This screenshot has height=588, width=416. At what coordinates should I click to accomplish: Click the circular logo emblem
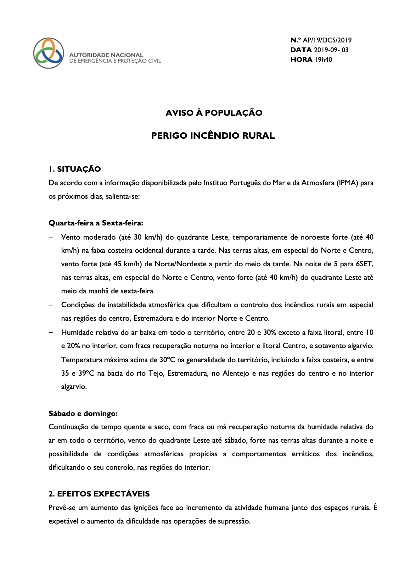[49, 53]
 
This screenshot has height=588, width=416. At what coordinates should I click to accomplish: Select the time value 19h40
[323, 60]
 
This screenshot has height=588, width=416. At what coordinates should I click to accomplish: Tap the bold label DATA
[301, 50]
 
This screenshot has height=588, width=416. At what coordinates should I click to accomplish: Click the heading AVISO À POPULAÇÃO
[214, 113]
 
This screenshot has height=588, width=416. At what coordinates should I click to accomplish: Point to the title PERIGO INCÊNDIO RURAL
[213, 136]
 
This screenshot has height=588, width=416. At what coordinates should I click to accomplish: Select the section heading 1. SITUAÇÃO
[75, 169]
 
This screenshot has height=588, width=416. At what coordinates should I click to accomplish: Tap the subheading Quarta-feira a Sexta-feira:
[96, 223]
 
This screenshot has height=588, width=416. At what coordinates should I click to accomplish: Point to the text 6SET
[364, 264]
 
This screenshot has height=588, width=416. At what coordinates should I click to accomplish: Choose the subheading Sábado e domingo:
[83, 413]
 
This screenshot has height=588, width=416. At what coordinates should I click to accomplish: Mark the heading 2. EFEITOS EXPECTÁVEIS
[99, 494]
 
